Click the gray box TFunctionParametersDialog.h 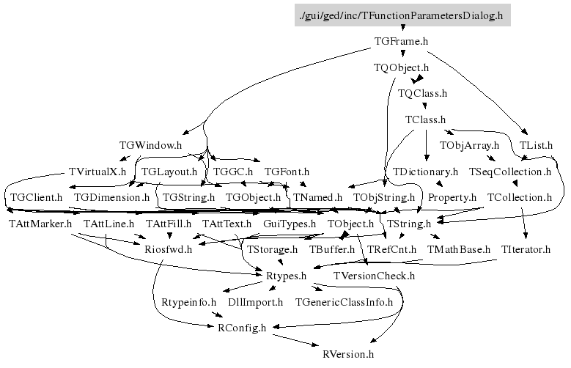tap(402, 15)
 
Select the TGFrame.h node tap(400, 42)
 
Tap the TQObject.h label tap(401, 67)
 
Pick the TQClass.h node tap(422, 93)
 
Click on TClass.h tap(425, 119)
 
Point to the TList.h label tap(536, 145)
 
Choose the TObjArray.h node tap(469, 145)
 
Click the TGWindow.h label tap(150, 145)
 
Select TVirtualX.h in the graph tap(97, 172)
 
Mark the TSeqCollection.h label tap(509, 172)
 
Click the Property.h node tap(452, 197)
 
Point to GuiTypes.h tap(289, 224)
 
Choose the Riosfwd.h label tap(168, 249)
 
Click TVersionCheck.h tap(374, 276)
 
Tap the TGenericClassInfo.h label tap(344, 301)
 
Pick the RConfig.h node tap(242, 328)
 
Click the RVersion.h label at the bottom tap(348, 354)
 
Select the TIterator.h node tap(526, 249)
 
